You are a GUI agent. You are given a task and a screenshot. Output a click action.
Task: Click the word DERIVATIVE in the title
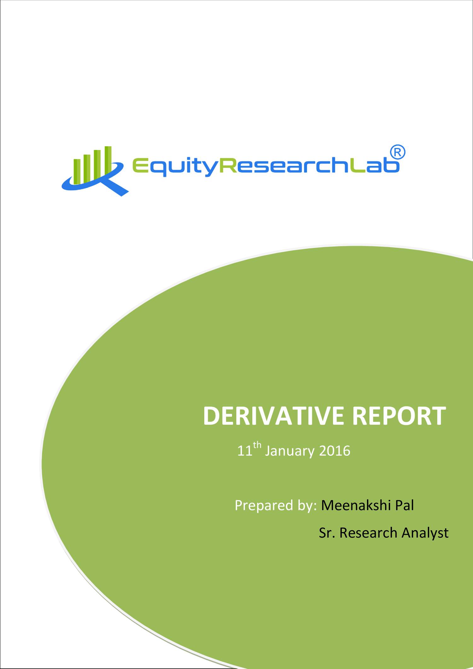tap(273, 416)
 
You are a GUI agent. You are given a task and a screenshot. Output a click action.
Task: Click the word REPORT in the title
tap(399, 416)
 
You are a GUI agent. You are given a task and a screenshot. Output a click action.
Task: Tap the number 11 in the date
tap(245, 451)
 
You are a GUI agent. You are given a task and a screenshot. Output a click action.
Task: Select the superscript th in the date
tap(257, 445)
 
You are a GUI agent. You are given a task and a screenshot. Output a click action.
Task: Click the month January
tap(289, 451)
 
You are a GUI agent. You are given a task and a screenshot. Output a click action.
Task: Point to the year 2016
tap(335, 451)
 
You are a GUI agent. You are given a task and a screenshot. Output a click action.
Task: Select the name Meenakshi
tap(356, 505)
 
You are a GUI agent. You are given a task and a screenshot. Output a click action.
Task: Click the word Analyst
tap(425, 533)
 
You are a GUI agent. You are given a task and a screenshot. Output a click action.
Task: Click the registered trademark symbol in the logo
tap(398, 153)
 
